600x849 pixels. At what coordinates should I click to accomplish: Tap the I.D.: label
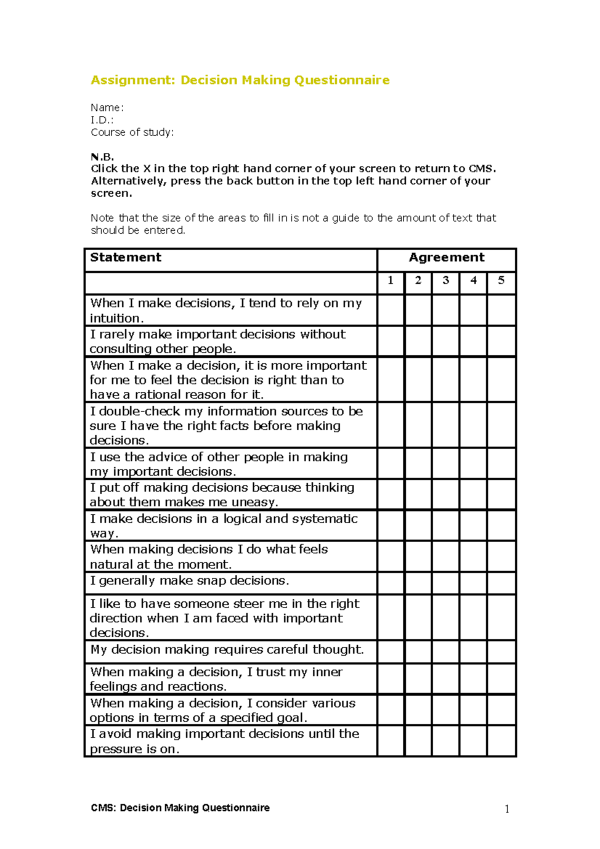[102, 120]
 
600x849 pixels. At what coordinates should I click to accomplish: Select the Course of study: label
[132, 132]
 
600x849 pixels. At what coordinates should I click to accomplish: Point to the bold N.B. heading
[102, 157]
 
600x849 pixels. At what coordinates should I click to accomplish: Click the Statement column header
[125, 257]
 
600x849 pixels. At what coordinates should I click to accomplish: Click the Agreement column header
[446, 257]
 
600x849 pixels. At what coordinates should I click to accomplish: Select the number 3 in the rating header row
[445, 280]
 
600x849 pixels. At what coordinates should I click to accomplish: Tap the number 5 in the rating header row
[501, 280]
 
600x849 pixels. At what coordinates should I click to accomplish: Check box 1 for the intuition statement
[390, 310]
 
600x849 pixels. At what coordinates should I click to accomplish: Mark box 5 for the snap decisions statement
[501, 583]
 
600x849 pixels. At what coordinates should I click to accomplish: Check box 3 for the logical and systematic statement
[445, 525]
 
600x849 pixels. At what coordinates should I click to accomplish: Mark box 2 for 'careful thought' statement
[418, 652]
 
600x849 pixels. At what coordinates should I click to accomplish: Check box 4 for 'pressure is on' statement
[473, 741]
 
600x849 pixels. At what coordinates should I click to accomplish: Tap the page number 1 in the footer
[507, 809]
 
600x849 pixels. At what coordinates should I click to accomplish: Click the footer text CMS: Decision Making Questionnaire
[180, 808]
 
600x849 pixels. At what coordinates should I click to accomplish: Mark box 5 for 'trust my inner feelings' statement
[501, 679]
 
